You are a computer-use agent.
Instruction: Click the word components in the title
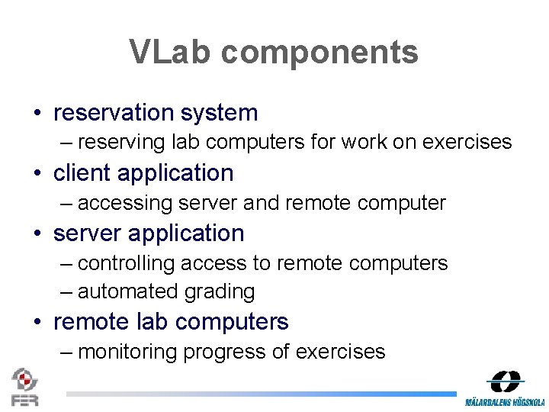(x=320, y=53)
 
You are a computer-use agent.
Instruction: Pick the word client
(x=79, y=173)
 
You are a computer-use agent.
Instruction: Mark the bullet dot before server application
(x=37, y=234)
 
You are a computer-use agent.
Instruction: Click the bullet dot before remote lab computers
(x=37, y=323)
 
